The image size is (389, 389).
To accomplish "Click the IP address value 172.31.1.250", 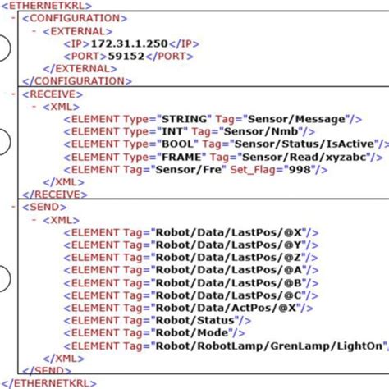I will pyautogui.click(x=129, y=43).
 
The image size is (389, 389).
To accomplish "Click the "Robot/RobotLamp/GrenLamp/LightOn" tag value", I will pyautogui.click(x=262, y=345).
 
